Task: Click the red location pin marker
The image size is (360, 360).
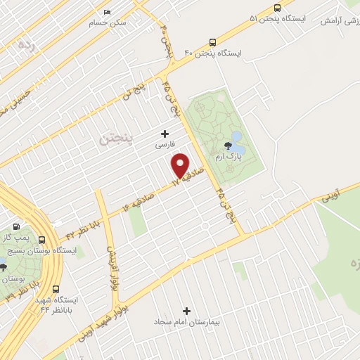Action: [181, 165]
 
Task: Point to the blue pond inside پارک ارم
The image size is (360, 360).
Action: [236, 136]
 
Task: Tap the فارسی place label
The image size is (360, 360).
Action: [165, 146]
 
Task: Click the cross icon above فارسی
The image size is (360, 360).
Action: [165, 134]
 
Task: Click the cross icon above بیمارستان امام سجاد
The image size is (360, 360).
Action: [186, 310]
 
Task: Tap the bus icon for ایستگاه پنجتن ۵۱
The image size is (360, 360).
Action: [278, 8]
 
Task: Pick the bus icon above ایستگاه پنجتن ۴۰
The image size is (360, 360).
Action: [212, 41]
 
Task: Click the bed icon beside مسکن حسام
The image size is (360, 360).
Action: [107, 12]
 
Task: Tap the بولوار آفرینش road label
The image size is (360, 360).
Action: [112, 267]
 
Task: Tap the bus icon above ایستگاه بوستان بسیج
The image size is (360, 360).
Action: [44, 239]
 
